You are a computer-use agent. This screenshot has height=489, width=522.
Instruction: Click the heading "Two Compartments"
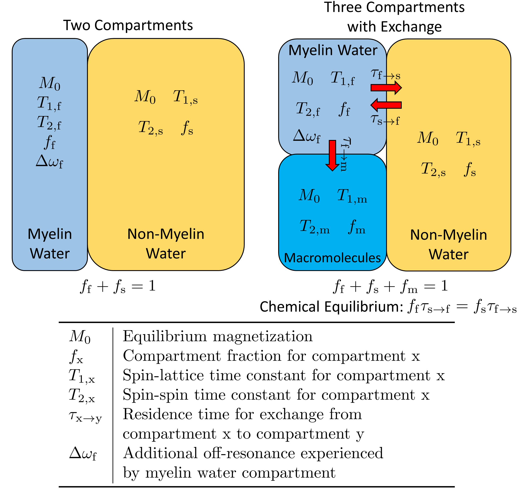128,25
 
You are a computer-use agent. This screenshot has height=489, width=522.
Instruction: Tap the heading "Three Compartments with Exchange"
394,17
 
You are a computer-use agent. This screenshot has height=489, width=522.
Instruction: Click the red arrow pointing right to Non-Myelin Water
386,88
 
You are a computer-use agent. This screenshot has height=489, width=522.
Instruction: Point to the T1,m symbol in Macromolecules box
352,196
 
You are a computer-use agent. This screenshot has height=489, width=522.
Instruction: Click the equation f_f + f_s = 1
118,286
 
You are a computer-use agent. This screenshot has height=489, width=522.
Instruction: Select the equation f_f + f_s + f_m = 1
390,286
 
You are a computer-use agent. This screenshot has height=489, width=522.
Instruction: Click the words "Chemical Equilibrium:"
331,306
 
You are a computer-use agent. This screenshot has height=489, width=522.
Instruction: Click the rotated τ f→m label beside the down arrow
345,154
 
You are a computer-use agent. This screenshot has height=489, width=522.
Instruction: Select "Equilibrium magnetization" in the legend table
218,336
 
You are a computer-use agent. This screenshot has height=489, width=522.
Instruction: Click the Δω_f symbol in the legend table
83,454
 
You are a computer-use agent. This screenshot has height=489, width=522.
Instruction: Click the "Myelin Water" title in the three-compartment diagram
333,50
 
